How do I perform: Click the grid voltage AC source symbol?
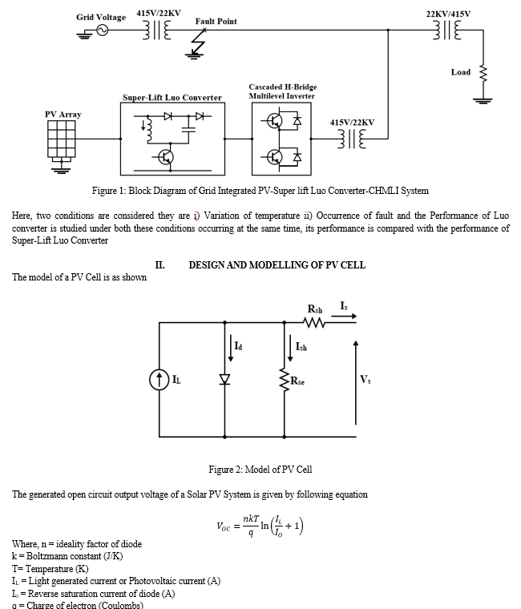coord(102,30)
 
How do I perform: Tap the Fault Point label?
coord(216,22)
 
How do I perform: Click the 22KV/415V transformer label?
coord(448,14)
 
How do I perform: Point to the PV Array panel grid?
coord(62,139)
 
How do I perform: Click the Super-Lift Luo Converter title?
coord(172,98)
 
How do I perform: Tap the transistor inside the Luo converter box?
coord(165,157)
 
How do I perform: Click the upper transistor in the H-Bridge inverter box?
coord(275,122)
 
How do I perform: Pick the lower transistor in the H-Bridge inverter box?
coord(275,157)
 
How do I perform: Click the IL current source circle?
coord(159,380)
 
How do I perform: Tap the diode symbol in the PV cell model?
coord(224,379)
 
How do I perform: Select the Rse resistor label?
coord(297,381)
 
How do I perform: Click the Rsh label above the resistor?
coord(315,309)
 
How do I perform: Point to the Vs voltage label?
coord(366,380)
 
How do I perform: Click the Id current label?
coord(238,345)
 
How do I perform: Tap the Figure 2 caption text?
coord(260,470)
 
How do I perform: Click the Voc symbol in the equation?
coord(224,526)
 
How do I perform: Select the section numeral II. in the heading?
coord(160,265)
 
